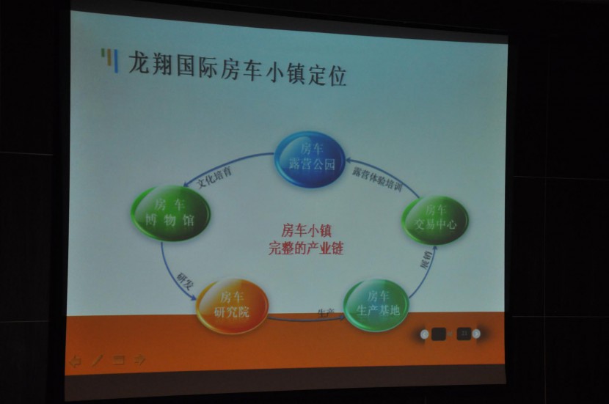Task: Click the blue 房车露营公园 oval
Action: tap(310, 159)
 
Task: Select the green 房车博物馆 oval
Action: tap(171, 213)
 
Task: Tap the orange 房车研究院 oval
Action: tap(232, 306)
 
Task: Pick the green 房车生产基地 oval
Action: tap(377, 304)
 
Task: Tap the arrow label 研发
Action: tap(183, 281)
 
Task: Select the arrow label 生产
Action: tap(326, 312)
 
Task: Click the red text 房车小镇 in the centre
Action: tap(306, 231)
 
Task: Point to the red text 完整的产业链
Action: tap(306, 249)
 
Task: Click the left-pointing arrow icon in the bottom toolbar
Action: tap(74, 359)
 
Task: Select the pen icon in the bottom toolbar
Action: tap(96, 359)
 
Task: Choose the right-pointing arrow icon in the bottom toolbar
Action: tap(140, 359)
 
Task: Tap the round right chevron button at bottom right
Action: tap(477, 334)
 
